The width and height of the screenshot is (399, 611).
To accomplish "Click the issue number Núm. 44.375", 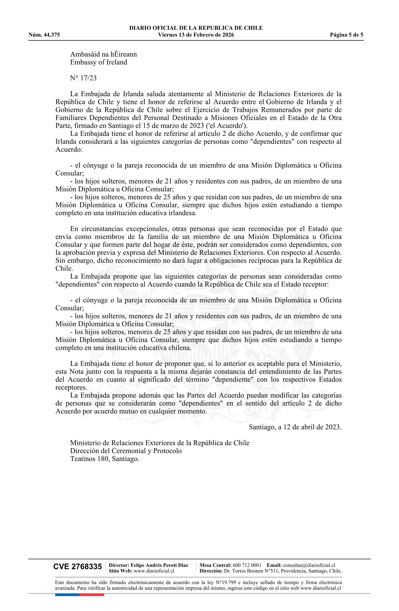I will pyautogui.click(x=44, y=35).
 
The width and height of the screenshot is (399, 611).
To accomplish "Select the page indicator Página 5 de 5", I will pyautogui.click(x=346, y=35).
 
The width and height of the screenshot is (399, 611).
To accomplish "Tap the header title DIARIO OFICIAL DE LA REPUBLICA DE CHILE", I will pyautogui.click(x=196, y=28).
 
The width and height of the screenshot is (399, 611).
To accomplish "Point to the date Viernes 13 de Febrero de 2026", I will pyautogui.click(x=196, y=35).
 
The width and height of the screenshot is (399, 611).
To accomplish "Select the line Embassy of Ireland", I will pyautogui.click(x=98, y=62).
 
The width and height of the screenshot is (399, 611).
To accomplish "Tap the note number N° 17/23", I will pyautogui.click(x=83, y=78).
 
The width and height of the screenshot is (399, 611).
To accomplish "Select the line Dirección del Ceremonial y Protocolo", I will pyautogui.click(x=126, y=451).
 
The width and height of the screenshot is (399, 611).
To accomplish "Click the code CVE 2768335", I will pyautogui.click(x=77, y=567).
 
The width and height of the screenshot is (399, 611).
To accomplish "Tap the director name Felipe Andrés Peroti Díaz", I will pyautogui.click(x=159, y=565).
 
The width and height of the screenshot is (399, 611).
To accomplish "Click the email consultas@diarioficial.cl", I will pyautogui.click(x=309, y=565).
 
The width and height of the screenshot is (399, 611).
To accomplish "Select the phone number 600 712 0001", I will pyautogui.click(x=247, y=565).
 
